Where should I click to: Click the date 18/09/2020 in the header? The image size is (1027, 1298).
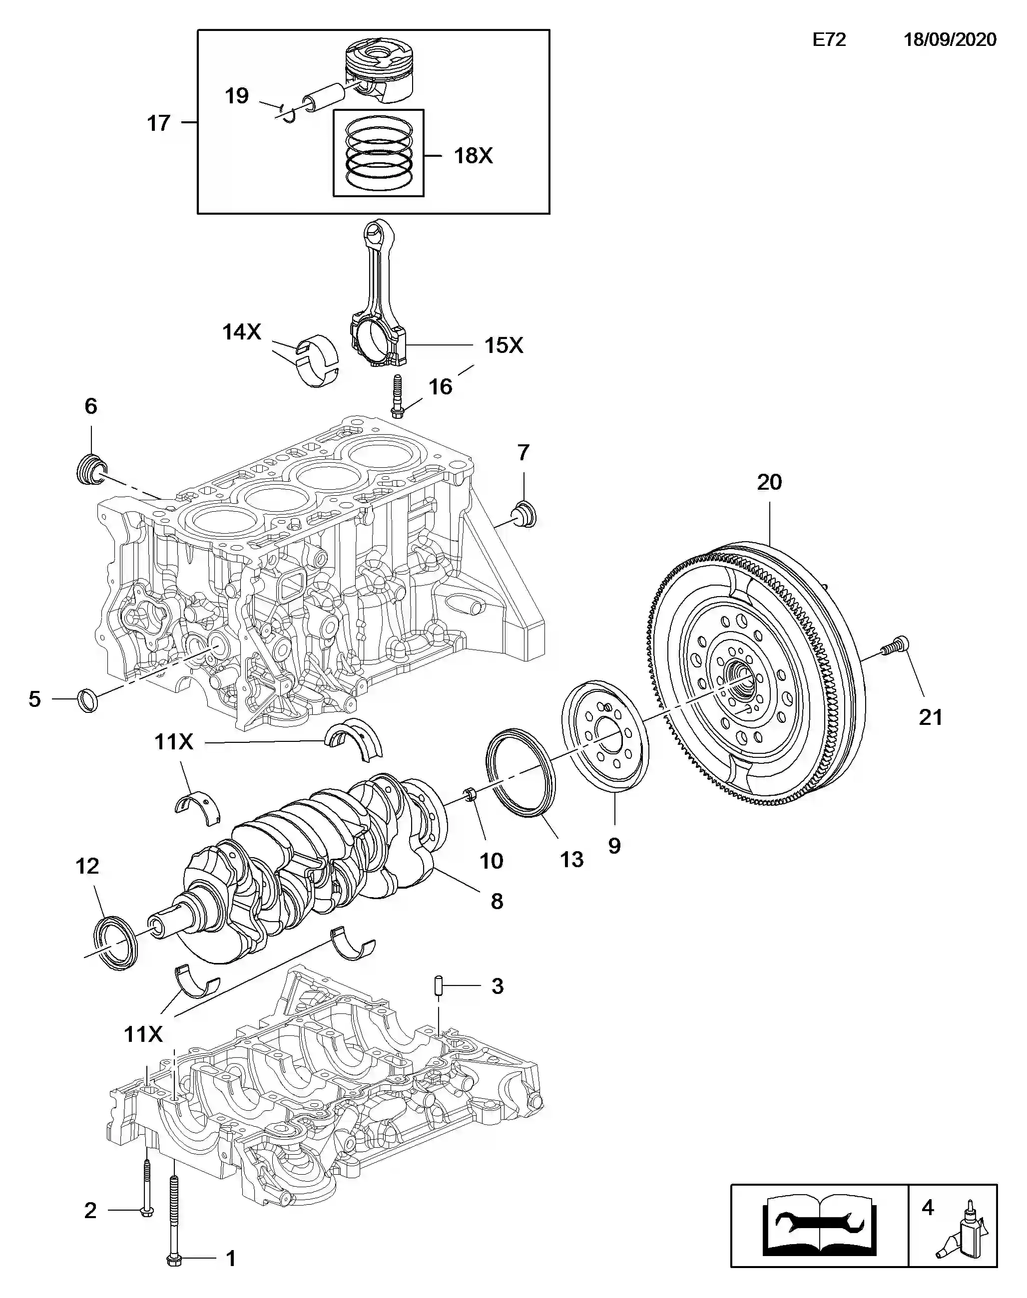(950, 39)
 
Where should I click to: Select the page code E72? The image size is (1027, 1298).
(829, 39)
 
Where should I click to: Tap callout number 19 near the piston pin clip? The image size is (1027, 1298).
(236, 95)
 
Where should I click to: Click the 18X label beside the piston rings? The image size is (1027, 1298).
(473, 156)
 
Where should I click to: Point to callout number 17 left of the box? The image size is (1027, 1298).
(159, 123)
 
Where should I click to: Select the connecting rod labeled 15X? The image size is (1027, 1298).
(378, 295)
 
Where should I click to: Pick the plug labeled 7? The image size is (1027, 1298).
(524, 514)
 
